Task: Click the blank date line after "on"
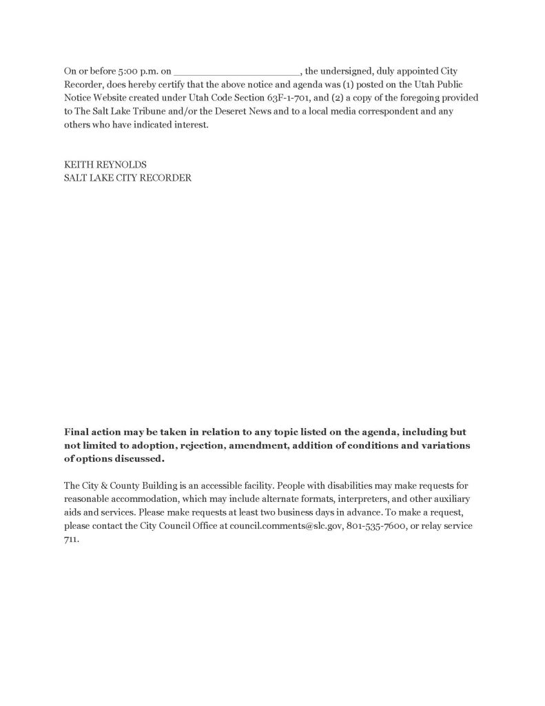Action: pyautogui.click(x=237, y=71)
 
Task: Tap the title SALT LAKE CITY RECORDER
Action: pyautogui.click(x=127, y=178)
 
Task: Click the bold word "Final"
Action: pyautogui.click(x=79, y=432)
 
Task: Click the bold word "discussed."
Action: pyautogui.click(x=141, y=458)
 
